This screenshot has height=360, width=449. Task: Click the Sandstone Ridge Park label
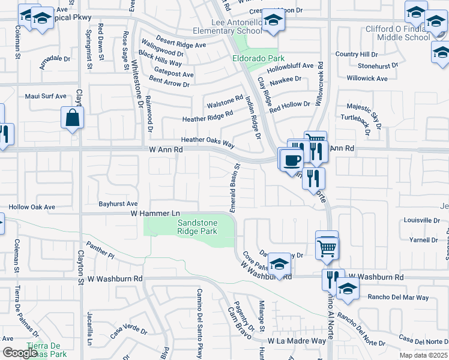click(x=197, y=226)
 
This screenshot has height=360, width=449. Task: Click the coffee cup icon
click(x=292, y=160)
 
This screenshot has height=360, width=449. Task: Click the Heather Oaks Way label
click(x=208, y=141)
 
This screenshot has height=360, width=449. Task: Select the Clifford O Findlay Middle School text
click(x=403, y=33)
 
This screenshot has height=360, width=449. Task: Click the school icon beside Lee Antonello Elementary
click(x=273, y=21)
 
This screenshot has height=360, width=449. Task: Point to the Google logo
click(x=20, y=352)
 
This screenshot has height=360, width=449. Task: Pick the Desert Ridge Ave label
click(x=181, y=44)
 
